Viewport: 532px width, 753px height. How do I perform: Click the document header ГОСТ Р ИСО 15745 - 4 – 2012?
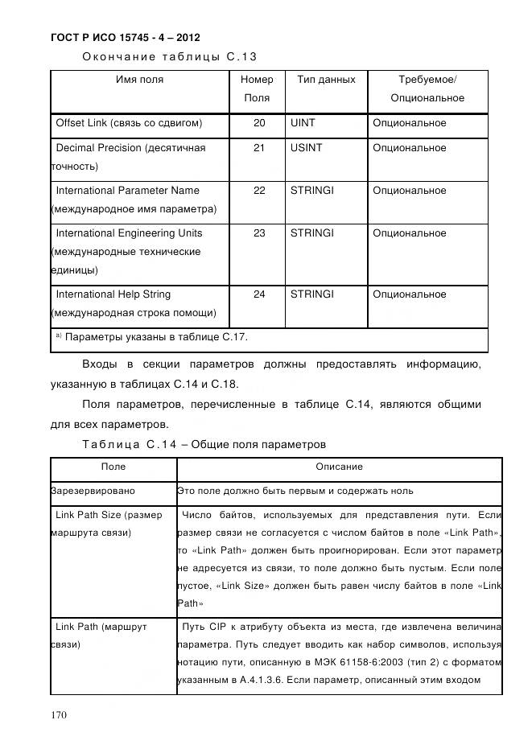(125, 38)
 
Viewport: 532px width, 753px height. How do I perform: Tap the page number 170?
(60, 715)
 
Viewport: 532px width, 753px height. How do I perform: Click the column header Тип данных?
(326, 80)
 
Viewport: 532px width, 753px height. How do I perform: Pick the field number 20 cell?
(258, 124)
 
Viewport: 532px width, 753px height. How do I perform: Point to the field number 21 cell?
(258, 148)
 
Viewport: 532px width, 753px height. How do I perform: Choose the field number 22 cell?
(258, 191)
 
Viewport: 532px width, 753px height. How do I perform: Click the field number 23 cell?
(258, 233)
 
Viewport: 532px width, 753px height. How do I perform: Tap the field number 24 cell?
(258, 294)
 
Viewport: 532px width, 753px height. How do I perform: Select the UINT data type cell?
(303, 124)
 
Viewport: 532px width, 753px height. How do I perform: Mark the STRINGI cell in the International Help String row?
(311, 294)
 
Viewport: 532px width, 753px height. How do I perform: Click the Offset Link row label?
(128, 124)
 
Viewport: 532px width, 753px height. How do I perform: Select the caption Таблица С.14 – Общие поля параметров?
(204, 444)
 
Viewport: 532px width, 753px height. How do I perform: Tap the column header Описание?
(339, 467)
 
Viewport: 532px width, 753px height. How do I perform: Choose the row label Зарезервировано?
(93, 490)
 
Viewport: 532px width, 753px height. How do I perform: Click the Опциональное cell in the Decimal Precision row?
(409, 148)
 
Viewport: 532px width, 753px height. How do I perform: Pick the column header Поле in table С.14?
(113, 467)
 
